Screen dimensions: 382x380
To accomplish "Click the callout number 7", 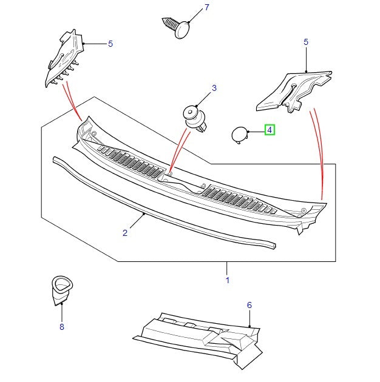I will pos(206,8).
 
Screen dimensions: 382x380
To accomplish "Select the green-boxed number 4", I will pos(270,130).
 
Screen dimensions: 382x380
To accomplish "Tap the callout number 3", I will pos(214,89).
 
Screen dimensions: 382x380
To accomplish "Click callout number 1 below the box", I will pos(227,280).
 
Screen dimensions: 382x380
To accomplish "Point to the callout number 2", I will pos(124,233).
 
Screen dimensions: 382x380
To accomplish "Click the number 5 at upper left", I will pos(110,44).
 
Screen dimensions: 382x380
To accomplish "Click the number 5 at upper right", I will pos(306,42).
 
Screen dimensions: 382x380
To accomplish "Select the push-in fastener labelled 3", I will pos(195,117).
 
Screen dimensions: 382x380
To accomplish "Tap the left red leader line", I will pos(73,100).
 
